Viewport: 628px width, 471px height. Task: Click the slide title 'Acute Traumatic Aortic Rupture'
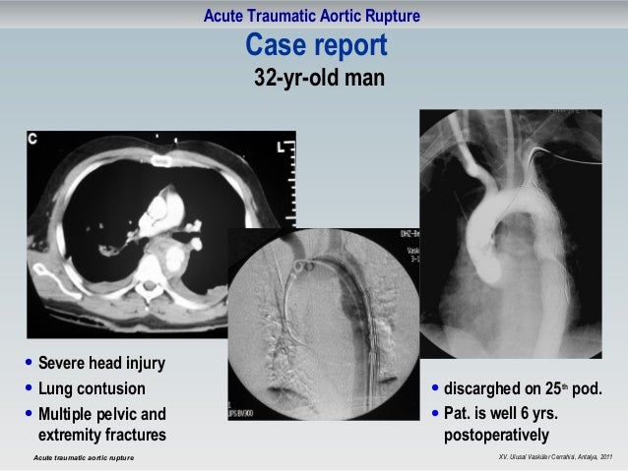(x=313, y=16)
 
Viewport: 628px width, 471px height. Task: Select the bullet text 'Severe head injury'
(x=100, y=365)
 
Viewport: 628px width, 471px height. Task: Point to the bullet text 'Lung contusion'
(x=91, y=389)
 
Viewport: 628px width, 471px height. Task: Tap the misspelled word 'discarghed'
(x=483, y=389)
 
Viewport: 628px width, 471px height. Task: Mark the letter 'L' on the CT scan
(x=280, y=148)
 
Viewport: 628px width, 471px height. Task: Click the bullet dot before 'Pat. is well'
(x=437, y=413)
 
